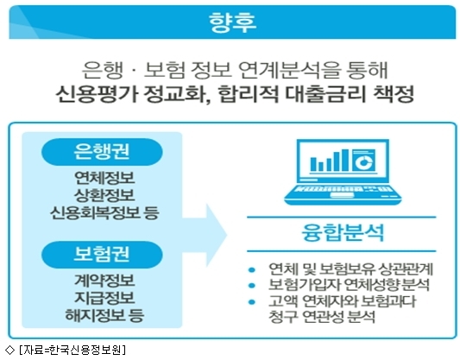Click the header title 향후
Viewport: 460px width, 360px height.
click(x=232, y=22)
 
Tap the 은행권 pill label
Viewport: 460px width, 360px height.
click(x=102, y=151)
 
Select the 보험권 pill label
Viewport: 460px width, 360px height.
click(x=102, y=255)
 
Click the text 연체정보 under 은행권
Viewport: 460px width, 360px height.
click(x=104, y=178)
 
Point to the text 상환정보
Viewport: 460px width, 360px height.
click(x=104, y=195)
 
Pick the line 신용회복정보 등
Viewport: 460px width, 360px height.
click(x=104, y=212)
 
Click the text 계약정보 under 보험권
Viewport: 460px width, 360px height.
click(x=104, y=281)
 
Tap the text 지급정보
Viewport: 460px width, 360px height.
click(x=104, y=298)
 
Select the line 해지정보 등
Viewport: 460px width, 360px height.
click(x=104, y=315)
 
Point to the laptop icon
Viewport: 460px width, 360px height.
click(x=343, y=172)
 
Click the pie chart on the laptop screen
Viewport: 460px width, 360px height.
click(x=363, y=161)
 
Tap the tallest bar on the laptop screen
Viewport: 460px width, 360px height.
click(x=345, y=160)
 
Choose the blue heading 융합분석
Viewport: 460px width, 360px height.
click(x=343, y=233)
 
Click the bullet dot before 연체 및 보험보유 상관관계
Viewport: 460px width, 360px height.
click(x=252, y=269)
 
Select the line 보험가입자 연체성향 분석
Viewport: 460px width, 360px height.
click(x=350, y=285)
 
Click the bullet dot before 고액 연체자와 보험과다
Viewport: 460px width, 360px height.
click(x=252, y=301)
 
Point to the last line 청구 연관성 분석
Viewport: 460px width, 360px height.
click(x=322, y=317)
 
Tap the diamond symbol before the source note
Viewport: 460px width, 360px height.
click(x=9, y=350)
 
